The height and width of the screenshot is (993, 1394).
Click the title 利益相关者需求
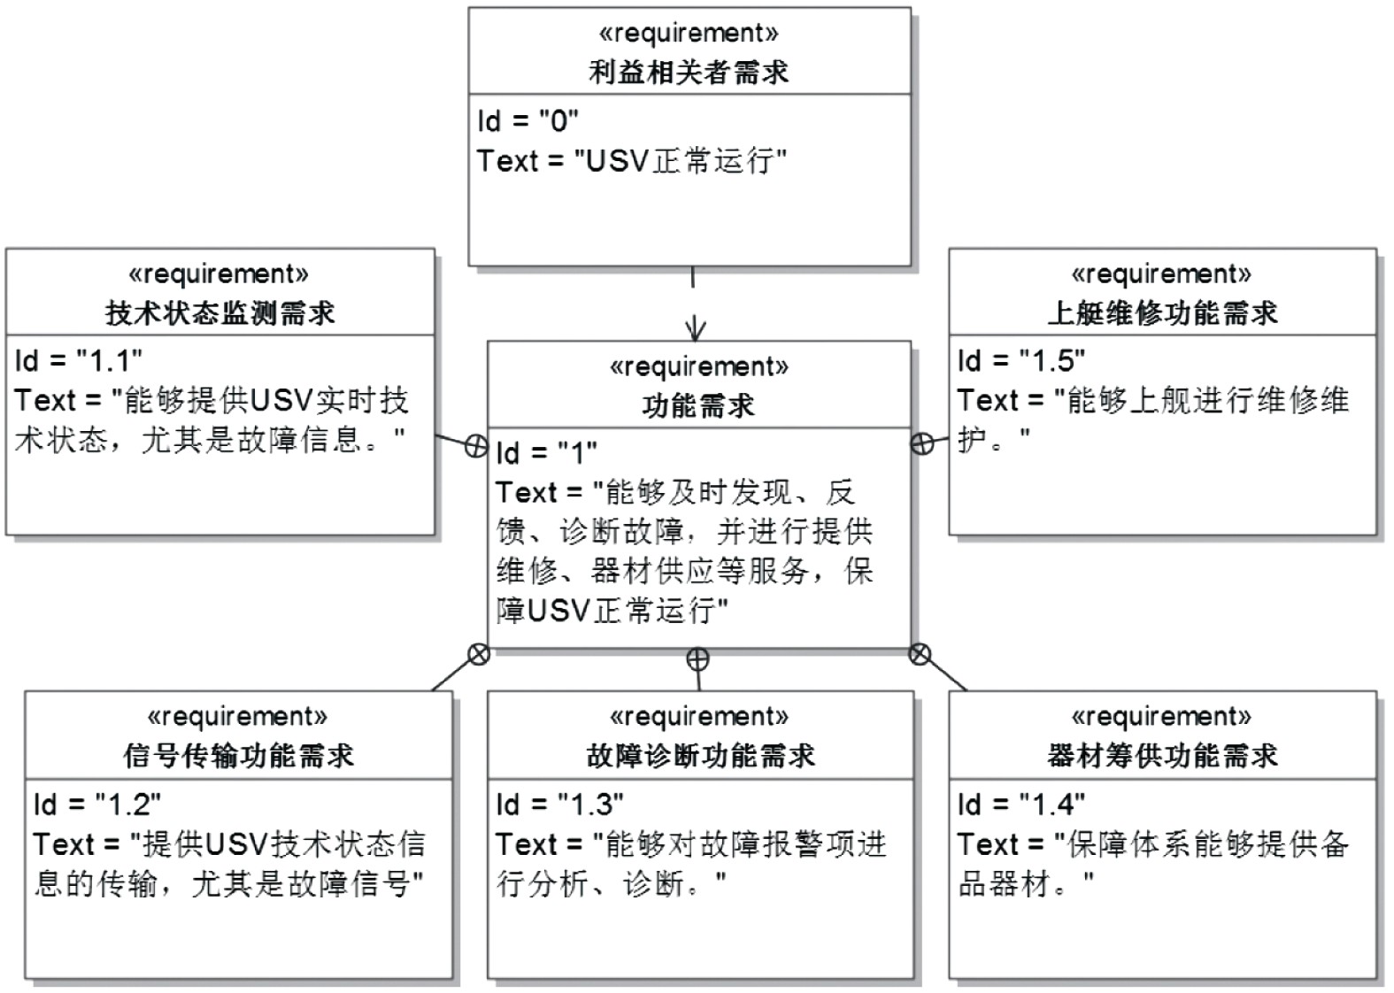[689, 73]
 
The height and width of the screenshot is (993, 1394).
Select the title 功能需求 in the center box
[698, 406]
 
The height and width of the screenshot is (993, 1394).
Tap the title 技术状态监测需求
[219, 313]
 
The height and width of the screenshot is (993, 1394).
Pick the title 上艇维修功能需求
[1162, 313]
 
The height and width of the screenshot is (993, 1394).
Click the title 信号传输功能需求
[238, 756]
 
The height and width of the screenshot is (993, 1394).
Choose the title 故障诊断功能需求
[700, 756]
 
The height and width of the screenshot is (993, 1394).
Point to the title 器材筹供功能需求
[1162, 756]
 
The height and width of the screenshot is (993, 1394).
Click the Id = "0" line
[528, 120]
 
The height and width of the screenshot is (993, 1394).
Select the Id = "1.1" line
[79, 361]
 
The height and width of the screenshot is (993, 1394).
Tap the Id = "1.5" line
[1021, 361]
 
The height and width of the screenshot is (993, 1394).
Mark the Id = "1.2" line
[97, 804]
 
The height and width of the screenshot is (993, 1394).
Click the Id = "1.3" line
[559, 804]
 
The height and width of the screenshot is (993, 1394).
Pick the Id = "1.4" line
[1021, 804]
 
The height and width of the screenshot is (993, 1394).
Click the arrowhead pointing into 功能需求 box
[696, 331]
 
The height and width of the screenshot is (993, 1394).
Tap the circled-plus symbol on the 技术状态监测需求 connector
[476, 446]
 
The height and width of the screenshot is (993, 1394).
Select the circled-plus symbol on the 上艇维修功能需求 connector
[922, 443]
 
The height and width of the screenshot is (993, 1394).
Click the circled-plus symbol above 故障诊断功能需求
[698, 658]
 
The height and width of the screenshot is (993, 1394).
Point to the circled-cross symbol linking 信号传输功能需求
[478, 655]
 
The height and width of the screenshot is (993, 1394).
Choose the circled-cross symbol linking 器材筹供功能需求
[920, 655]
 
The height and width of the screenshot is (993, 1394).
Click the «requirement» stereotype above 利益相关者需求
[689, 34]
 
